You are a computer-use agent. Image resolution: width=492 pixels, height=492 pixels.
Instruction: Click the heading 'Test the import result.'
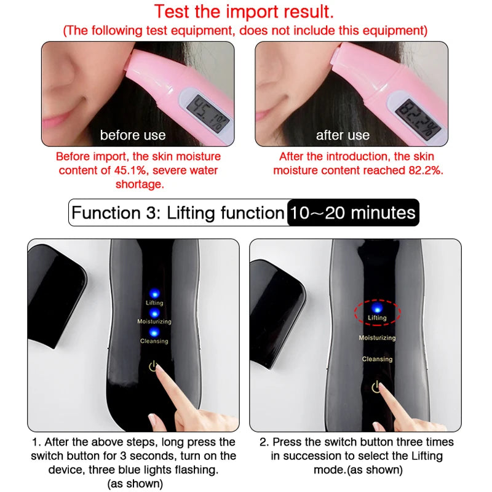click(x=245, y=12)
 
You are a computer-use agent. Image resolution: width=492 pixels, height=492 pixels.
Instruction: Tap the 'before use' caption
click(x=133, y=135)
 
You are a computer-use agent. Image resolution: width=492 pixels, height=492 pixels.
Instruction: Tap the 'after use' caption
click(x=343, y=135)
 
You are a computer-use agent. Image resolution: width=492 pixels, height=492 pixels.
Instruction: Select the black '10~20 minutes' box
click(x=353, y=213)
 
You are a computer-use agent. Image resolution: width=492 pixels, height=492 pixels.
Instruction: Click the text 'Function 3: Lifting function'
click(x=177, y=213)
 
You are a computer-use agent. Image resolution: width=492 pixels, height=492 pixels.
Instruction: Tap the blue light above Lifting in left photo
click(x=154, y=293)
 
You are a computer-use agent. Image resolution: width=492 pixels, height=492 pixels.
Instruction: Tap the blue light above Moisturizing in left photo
click(x=154, y=313)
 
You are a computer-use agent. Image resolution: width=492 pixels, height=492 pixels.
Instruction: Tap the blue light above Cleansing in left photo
click(x=154, y=332)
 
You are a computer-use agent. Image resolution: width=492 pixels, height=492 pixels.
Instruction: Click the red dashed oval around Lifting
click(x=376, y=312)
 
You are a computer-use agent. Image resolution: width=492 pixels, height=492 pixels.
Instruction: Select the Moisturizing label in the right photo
click(x=377, y=338)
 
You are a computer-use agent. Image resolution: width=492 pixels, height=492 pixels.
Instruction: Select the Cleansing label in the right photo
click(x=377, y=359)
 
